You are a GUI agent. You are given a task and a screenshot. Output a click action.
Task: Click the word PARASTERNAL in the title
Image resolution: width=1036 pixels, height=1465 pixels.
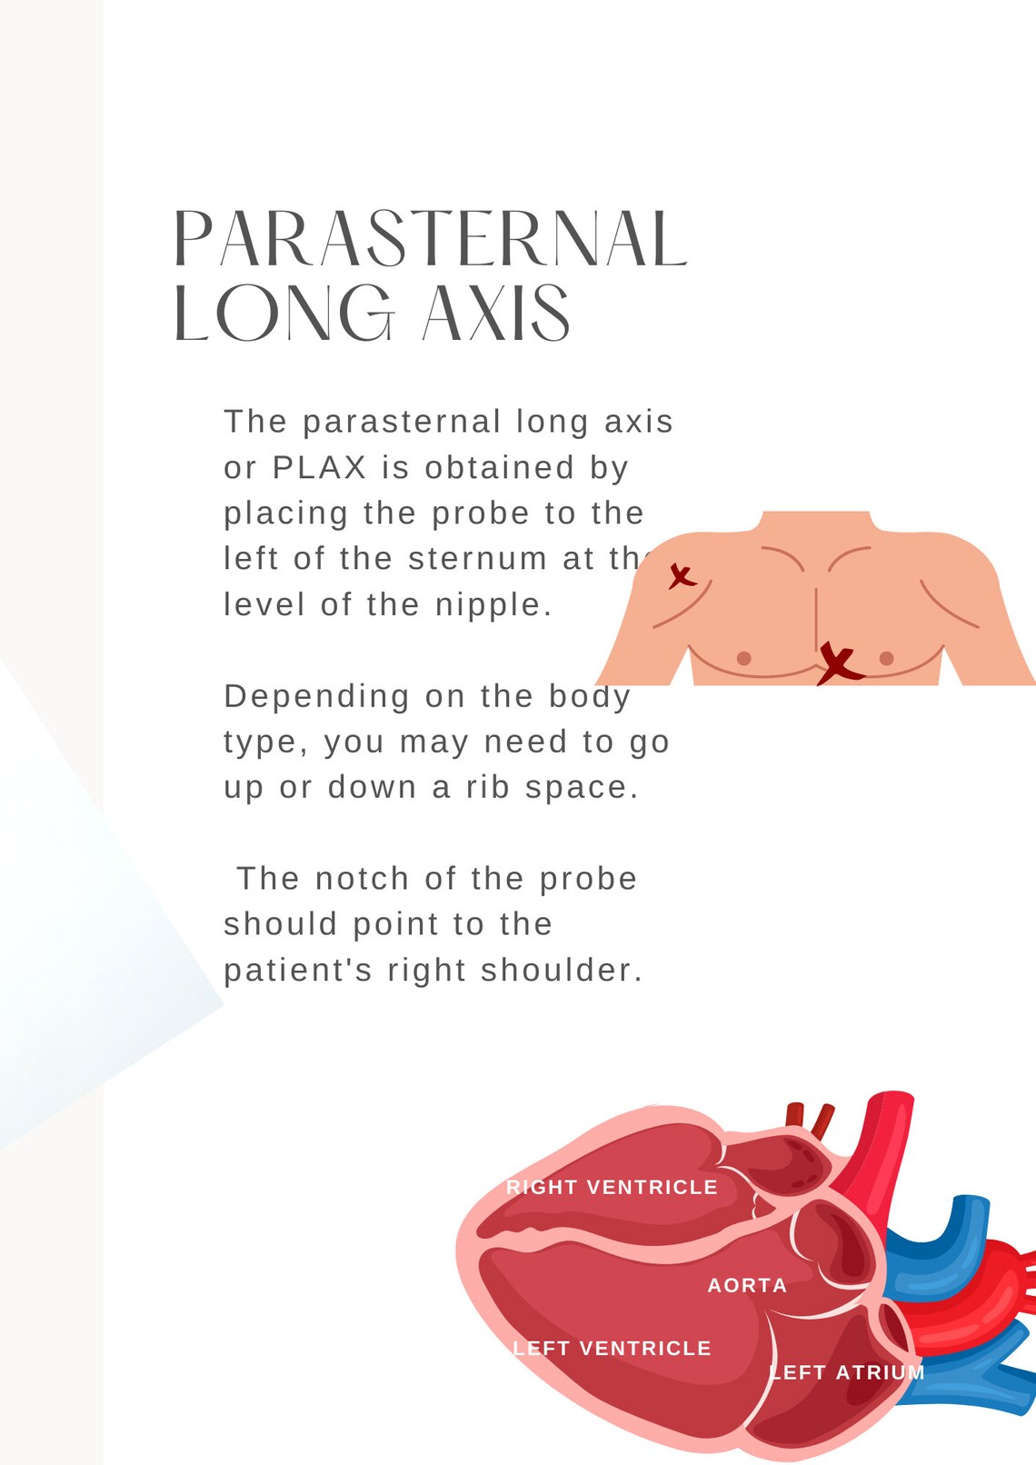429,239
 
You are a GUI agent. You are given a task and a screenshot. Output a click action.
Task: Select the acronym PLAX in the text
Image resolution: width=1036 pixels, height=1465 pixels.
319,468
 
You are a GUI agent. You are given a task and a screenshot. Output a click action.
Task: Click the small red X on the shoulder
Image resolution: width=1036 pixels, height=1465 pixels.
682,576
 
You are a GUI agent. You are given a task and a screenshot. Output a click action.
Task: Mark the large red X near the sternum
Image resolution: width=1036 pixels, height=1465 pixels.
839,663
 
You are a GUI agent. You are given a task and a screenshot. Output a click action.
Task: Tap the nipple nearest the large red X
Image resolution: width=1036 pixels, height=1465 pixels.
886,658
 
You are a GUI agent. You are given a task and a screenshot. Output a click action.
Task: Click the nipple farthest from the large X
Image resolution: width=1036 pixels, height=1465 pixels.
743,658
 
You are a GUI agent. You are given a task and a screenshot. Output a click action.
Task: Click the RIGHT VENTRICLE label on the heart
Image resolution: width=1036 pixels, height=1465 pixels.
612,1187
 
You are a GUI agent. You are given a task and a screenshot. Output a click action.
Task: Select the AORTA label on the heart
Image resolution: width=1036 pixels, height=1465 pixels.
747,1285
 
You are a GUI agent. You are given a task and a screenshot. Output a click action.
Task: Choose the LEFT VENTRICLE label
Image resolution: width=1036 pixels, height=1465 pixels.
612,1348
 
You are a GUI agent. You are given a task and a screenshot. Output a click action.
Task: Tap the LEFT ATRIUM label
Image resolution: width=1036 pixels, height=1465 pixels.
847,1372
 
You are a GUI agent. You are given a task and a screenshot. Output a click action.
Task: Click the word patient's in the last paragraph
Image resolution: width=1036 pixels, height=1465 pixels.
298,971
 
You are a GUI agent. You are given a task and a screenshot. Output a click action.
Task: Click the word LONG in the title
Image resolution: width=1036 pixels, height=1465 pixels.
283,313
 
